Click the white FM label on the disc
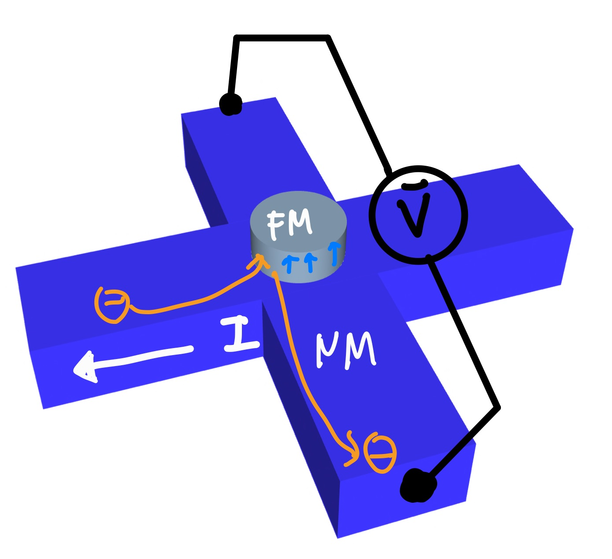click(290, 225)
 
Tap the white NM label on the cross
click(346, 349)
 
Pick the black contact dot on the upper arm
click(230, 105)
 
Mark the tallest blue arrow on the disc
click(335, 253)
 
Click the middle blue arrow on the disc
click(311, 262)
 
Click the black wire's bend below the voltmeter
click(498, 407)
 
